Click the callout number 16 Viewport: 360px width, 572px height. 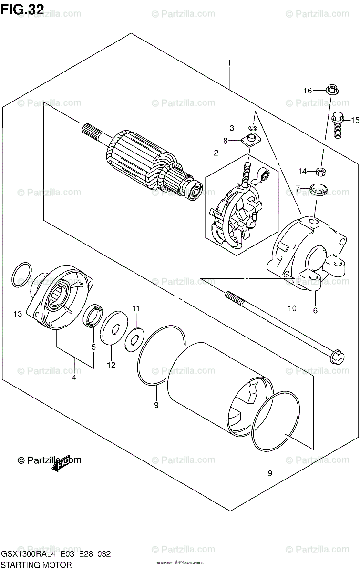pos(307,91)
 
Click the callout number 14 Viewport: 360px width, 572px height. pos(303,171)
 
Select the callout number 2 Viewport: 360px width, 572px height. pos(216,153)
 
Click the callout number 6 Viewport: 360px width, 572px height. pos(315,310)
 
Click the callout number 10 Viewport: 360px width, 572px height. pos(292,308)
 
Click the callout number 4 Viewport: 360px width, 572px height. pos(74,378)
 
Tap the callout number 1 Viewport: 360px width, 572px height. pos(229,63)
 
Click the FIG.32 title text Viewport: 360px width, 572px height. pos(22,9)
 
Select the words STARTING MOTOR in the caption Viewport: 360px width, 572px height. pos(36,565)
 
